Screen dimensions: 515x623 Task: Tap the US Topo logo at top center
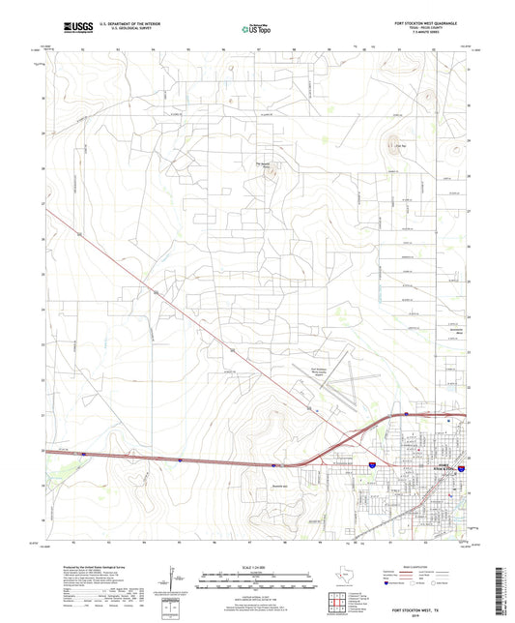(256, 29)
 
